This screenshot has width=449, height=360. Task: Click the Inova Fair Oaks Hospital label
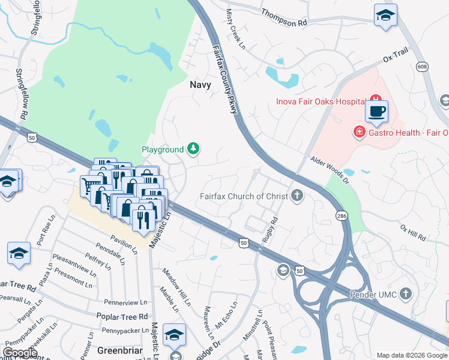click(321, 101)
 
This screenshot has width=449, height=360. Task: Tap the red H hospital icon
click(376, 99)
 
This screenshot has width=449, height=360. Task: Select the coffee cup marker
click(376, 112)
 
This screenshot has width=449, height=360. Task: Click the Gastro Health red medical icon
click(360, 132)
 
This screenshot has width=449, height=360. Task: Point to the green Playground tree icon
click(193, 149)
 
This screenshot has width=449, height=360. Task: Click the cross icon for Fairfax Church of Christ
click(297, 196)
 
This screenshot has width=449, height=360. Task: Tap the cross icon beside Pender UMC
click(406, 294)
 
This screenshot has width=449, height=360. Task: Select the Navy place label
click(200, 85)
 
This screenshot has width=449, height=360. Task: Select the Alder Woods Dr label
click(329, 169)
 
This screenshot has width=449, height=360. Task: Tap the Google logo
click(20, 353)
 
